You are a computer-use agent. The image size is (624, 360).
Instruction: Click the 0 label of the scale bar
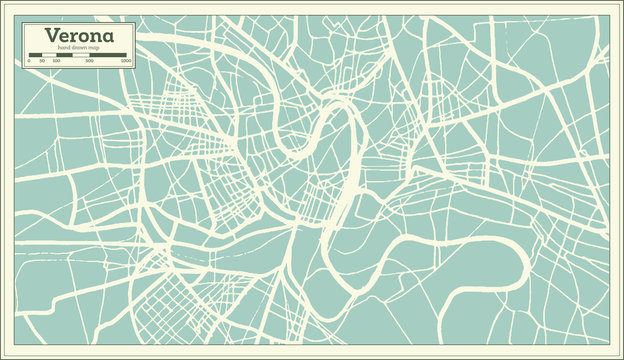point(28,61)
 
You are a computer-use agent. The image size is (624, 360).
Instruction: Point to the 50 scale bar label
point(42,61)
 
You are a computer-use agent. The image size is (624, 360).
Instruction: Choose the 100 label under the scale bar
point(56,61)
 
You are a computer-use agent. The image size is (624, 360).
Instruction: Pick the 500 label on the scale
point(91,61)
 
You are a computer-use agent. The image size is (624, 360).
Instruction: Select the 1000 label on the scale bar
point(126,61)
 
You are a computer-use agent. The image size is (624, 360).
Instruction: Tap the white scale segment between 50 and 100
point(49,55)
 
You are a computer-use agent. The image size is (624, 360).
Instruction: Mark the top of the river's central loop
point(340,109)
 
